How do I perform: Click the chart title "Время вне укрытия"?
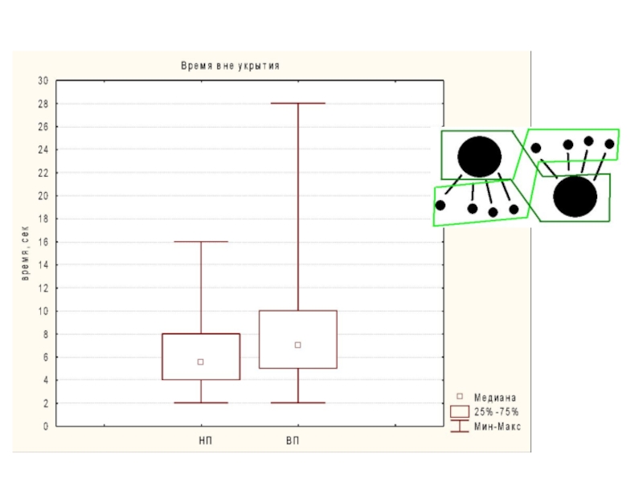[x=230, y=66]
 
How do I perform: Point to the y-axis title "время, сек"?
[x=25, y=253]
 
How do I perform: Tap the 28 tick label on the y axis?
[x=43, y=104]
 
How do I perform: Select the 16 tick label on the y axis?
[x=43, y=243]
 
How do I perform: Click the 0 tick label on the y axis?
[x=46, y=427]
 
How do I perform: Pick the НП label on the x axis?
[x=206, y=440]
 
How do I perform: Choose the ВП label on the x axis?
[x=293, y=440]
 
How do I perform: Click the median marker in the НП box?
[x=200, y=362]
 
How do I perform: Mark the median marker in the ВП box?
[x=298, y=345]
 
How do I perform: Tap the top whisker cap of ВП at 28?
[x=298, y=104]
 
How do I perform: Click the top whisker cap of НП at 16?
[x=201, y=242]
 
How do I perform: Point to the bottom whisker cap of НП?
[x=201, y=403]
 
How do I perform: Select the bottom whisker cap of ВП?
[x=298, y=403]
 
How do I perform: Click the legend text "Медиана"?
[x=495, y=398]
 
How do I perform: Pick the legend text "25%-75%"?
[x=497, y=412]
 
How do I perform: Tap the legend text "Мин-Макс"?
[x=498, y=427]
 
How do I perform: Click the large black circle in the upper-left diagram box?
[x=479, y=157]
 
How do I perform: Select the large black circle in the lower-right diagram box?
[x=575, y=196]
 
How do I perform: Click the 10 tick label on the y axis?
[x=43, y=312]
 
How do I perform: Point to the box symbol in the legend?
[x=460, y=412]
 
